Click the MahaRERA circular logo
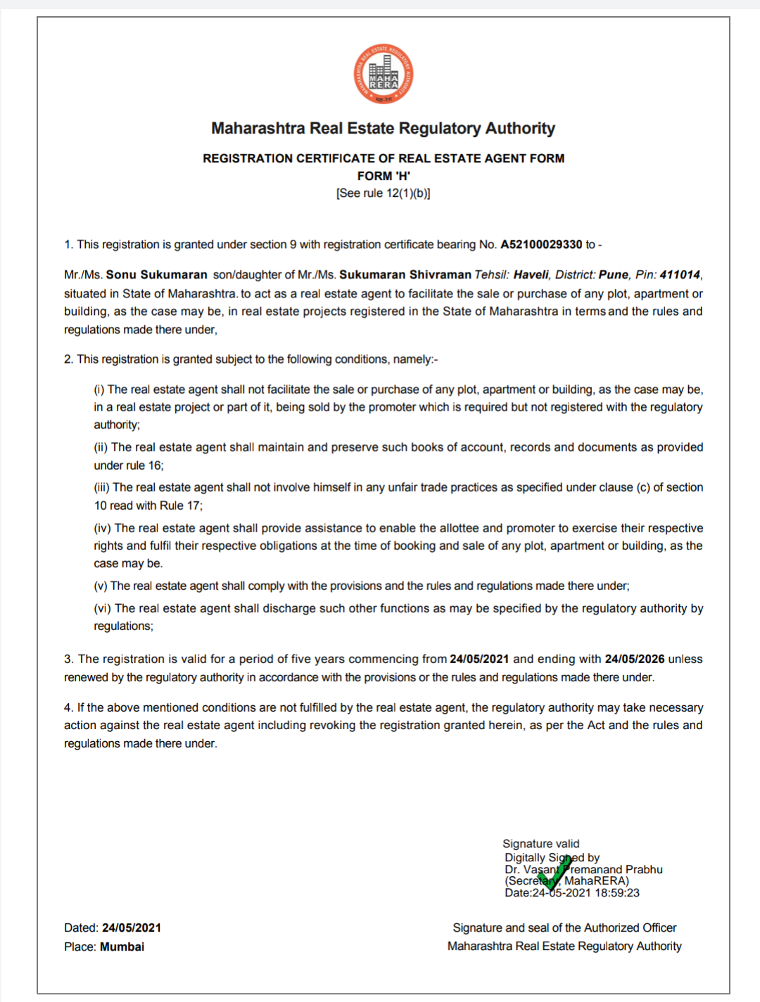[x=384, y=75]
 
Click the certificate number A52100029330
[x=541, y=245]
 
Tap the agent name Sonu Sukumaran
[x=156, y=275]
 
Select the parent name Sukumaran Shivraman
[x=405, y=275]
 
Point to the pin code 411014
[x=680, y=275]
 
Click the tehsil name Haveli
[x=531, y=275]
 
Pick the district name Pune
[x=614, y=275]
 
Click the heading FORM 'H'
[x=384, y=176]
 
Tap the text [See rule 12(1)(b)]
[x=384, y=193]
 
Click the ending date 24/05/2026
[x=635, y=659]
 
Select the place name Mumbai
[x=122, y=946]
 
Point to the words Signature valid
[x=541, y=844]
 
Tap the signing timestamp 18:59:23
[x=617, y=893]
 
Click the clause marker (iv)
[x=103, y=528]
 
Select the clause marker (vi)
[x=103, y=608]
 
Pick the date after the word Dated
[x=132, y=928]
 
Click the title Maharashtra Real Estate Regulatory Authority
[x=384, y=129]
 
